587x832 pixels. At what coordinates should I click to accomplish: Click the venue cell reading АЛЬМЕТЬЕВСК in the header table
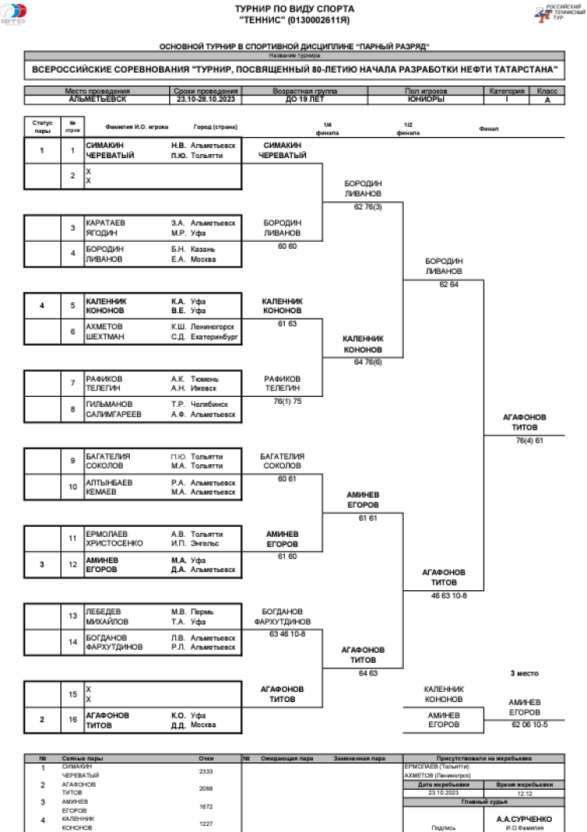pos(97,100)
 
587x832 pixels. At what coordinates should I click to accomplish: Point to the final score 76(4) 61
pos(529,441)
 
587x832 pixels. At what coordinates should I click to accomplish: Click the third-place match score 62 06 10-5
pos(529,725)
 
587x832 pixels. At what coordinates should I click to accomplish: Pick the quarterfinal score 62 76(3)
pos(362,207)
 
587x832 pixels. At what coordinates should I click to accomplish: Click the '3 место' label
pos(524,673)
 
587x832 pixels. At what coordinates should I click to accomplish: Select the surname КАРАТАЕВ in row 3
pos(106,222)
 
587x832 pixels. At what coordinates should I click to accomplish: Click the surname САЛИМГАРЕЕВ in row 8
pos(113,414)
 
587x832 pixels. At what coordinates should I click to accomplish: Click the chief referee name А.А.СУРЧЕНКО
pos(524,819)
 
